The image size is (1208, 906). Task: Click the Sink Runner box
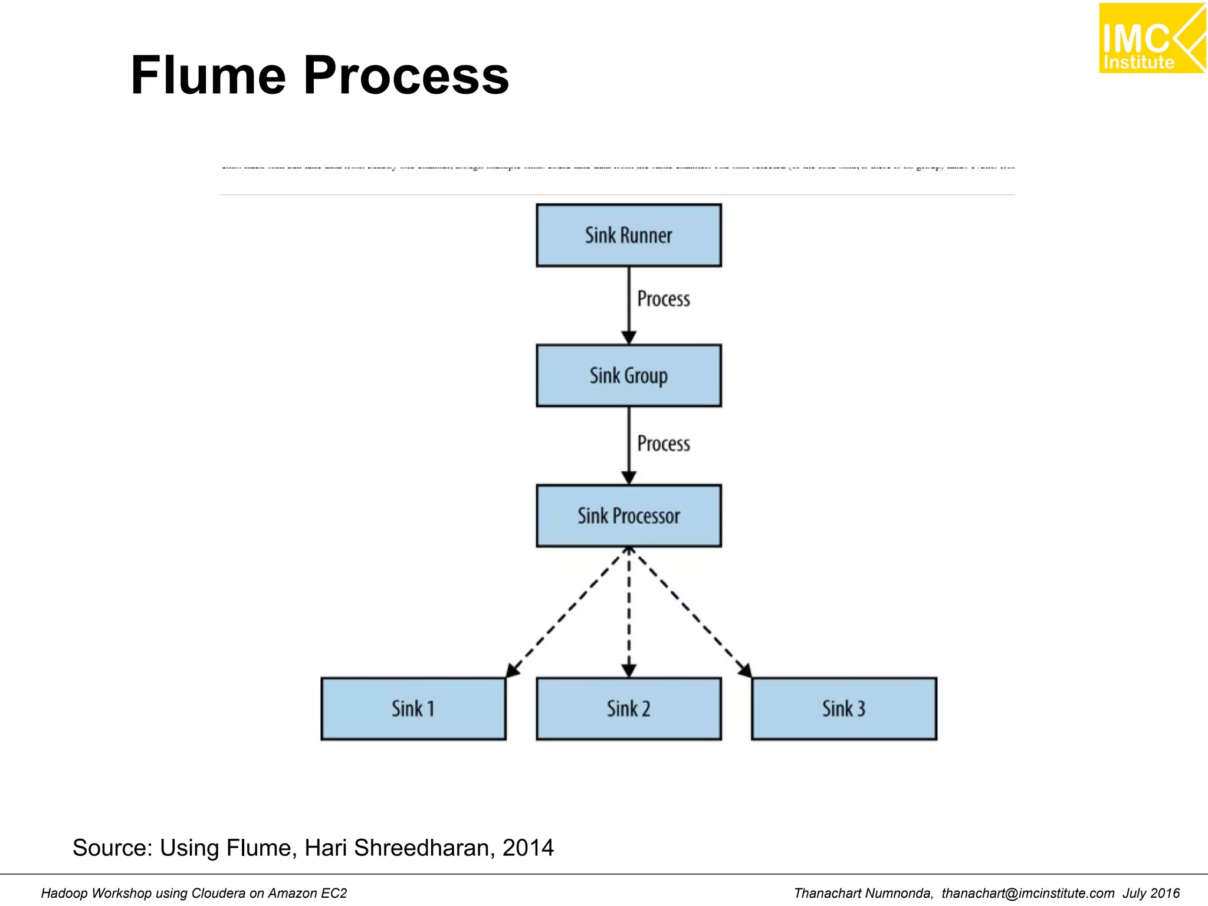tap(628, 235)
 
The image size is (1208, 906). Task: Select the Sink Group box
tap(628, 376)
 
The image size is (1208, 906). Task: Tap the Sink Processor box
tap(628, 516)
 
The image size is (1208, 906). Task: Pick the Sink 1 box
tap(413, 708)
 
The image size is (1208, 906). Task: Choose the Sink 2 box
tap(628, 708)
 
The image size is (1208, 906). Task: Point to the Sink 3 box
tap(843, 708)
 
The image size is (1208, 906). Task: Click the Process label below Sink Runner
tap(664, 299)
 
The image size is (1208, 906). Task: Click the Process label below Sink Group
tap(664, 444)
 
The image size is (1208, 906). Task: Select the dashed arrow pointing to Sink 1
tap(566, 613)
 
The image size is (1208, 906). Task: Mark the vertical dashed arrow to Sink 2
tap(629, 613)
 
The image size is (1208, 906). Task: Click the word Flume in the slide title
tap(208, 75)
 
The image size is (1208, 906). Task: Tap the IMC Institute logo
tap(1151, 38)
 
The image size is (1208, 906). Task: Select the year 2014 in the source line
tap(528, 848)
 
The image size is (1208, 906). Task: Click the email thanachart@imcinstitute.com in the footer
tap(1028, 893)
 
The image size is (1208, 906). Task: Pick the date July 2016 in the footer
tap(1151, 893)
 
